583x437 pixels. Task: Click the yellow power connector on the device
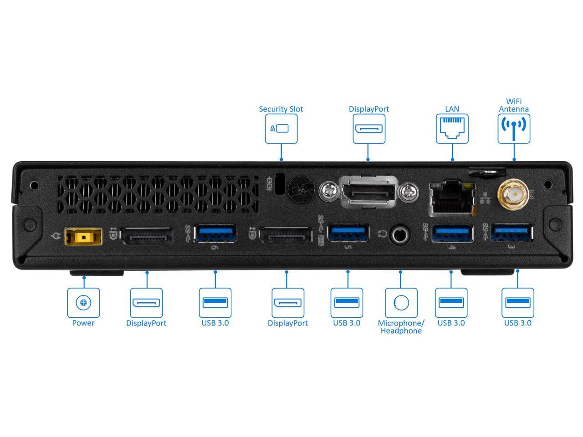click(x=83, y=237)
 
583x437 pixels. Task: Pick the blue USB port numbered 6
click(x=215, y=234)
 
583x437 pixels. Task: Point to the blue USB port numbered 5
click(x=348, y=233)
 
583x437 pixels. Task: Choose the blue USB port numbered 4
click(x=453, y=234)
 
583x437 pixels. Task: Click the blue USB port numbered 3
click(x=512, y=234)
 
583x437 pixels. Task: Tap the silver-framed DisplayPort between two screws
click(x=368, y=191)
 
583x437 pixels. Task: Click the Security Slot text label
click(x=281, y=109)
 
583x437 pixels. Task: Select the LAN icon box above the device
click(x=452, y=129)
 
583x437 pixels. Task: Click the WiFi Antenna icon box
click(x=514, y=129)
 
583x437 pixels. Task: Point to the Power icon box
click(x=83, y=302)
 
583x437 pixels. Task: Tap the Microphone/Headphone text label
click(x=401, y=327)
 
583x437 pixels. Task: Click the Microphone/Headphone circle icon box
click(x=401, y=302)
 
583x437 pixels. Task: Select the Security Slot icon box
click(x=281, y=129)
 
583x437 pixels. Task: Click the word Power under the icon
click(x=83, y=323)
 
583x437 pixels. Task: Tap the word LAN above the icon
click(x=452, y=109)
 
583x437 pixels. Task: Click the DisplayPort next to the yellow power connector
click(x=147, y=237)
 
